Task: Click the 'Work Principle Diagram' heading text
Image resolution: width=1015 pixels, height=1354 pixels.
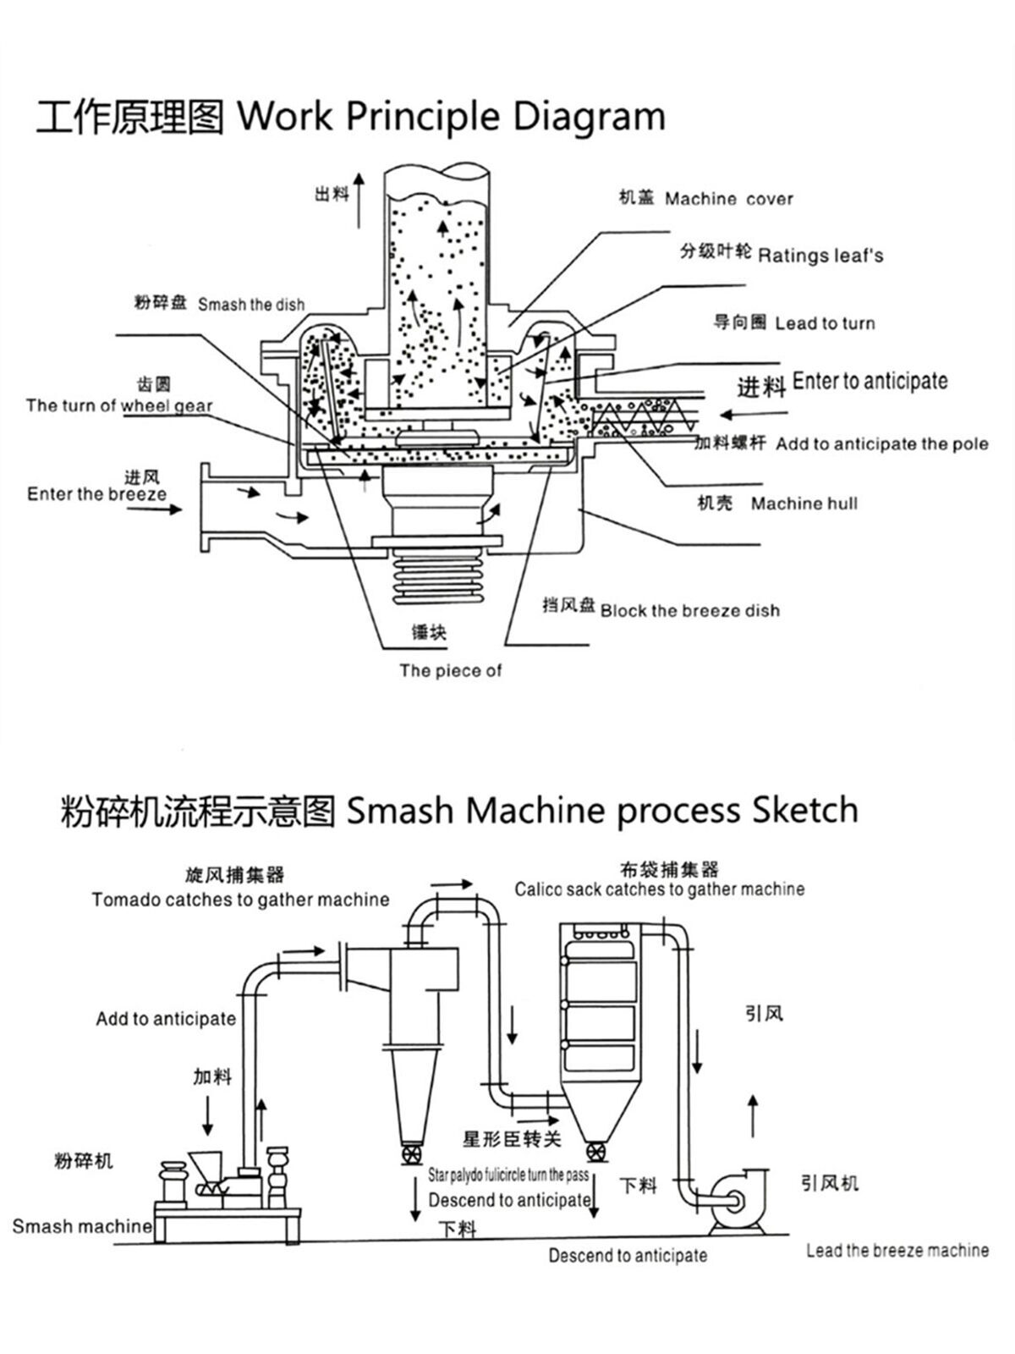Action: [450, 116]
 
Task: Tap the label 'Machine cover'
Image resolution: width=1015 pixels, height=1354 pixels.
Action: [728, 200]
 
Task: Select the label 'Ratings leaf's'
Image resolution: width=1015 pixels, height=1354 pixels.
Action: [820, 255]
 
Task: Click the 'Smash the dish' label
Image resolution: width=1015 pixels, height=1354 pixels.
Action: [251, 305]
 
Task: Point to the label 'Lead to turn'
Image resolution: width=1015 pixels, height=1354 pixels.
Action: [825, 323]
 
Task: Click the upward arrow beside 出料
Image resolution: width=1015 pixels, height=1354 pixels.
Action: [359, 199]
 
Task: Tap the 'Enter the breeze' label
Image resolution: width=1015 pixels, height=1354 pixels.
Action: [96, 494]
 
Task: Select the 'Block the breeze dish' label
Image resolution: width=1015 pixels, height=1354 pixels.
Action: [689, 611]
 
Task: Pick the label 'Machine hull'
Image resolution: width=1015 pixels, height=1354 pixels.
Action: [804, 504]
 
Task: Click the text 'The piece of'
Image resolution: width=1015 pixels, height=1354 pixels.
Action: [450, 671]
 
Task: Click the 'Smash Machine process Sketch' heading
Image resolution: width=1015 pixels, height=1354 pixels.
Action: [602, 811]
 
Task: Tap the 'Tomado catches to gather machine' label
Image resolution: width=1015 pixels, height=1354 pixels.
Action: [240, 900]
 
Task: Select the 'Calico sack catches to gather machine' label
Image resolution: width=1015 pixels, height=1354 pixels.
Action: [660, 889]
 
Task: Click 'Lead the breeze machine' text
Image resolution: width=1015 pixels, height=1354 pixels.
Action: [897, 1251]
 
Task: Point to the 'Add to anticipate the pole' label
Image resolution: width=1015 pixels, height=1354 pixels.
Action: [881, 444]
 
